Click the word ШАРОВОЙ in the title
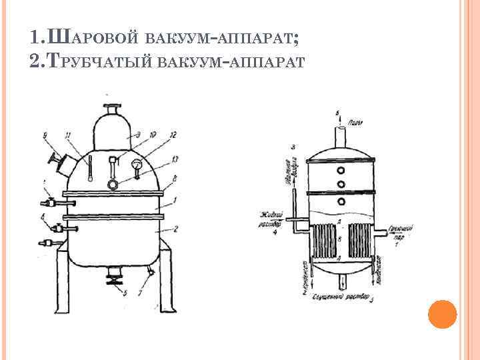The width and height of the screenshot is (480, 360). point(91,38)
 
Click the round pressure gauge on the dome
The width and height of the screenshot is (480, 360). point(136,165)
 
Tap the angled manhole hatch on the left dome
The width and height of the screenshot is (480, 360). point(62,163)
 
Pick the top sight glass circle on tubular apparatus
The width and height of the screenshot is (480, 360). point(341,168)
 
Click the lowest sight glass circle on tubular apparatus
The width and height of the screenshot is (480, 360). point(341,201)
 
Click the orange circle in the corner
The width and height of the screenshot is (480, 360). point(441,313)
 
